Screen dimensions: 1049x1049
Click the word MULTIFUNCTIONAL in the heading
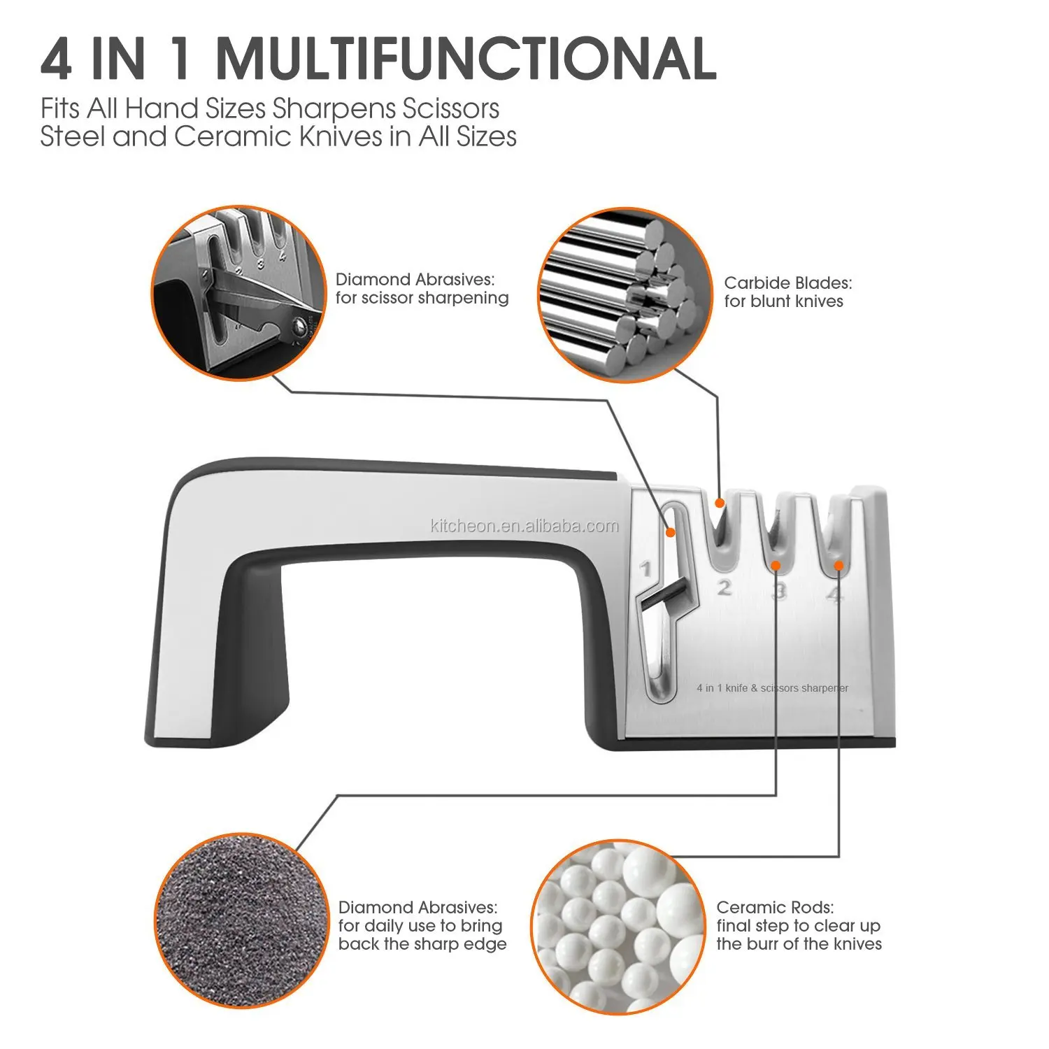466,58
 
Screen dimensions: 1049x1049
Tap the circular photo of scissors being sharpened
239,294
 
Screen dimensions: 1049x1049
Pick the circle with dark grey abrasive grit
241,920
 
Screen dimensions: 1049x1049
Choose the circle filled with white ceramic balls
618,927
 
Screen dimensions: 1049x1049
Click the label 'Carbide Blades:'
788,283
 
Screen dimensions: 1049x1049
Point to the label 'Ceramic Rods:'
775,908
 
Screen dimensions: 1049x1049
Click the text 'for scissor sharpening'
422,298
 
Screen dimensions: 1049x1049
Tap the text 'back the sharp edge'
422,944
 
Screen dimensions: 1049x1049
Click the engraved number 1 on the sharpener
647,569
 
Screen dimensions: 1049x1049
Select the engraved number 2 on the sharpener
725,587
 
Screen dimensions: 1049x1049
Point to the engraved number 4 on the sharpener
835,594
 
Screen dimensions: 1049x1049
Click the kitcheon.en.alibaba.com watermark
524,526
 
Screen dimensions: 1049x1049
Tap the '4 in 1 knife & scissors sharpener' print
773,688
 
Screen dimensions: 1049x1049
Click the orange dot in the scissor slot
670,533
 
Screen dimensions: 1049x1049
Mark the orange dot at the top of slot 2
719,502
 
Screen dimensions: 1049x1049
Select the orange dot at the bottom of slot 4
839,565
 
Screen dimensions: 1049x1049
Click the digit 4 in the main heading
57,59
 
